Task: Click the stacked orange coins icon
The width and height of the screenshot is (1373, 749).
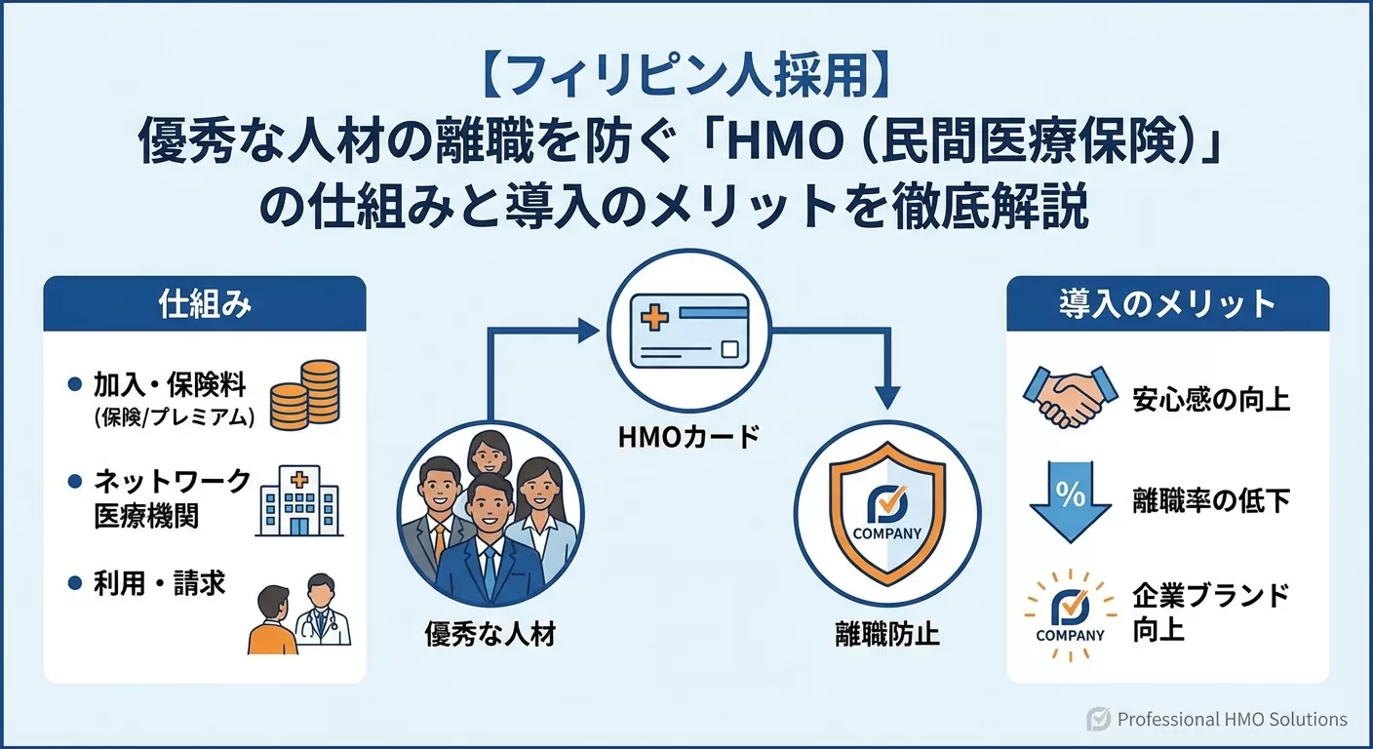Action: pos(303,395)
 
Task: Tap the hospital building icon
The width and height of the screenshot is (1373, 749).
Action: pos(298,500)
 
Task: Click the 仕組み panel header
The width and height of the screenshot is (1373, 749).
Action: pos(205,304)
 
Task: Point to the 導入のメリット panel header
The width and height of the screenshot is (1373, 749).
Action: pos(1167,304)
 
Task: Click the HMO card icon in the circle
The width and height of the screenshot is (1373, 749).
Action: pos(689,332)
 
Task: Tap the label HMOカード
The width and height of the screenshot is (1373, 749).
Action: pos(688,437)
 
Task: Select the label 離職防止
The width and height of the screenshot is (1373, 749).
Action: pos(886,634)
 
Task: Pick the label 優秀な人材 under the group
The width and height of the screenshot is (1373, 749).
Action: pos(490,635)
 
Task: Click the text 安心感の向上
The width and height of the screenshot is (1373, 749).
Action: pos(1211,399)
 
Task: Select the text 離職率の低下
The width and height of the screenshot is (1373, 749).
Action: pos(1211,501)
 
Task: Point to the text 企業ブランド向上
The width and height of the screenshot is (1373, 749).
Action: pos(1210,611)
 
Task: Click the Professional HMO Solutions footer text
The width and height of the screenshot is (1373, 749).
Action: pos(1232,720)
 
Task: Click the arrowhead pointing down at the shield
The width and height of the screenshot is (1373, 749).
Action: pos(885,396)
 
